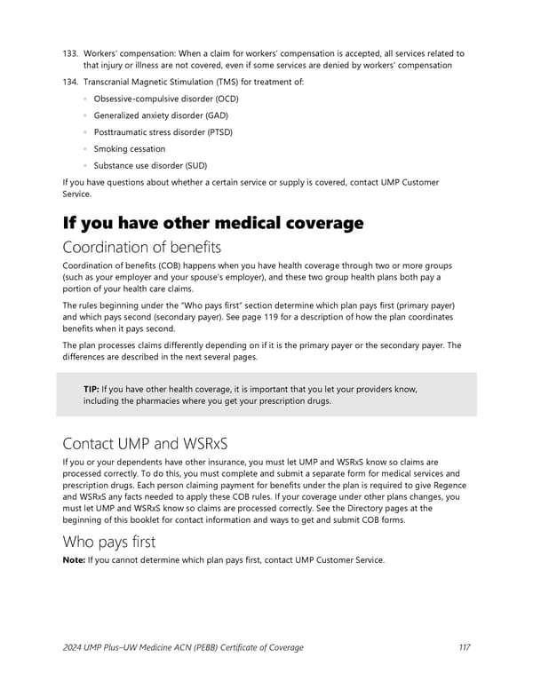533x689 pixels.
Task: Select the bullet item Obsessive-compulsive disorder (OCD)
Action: click(x=166, y=99)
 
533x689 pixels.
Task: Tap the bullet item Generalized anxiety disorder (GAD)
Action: click(x=162, y=115)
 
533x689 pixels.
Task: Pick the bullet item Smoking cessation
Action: click(x=130, y=149)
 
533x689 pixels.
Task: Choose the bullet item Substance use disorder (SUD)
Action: click(x=154, y=166)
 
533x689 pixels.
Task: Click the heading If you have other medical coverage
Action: click(x=213, y=223)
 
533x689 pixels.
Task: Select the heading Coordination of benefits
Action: click(x=142, y=247)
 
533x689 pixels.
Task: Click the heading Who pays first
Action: click(x=110, y=541)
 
